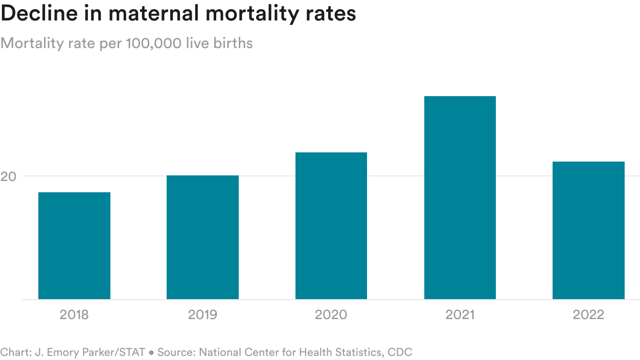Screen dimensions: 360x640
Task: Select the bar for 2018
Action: (x=74, y=245)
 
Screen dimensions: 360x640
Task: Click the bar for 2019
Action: (x=202, y=237)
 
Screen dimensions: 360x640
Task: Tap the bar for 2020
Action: (x=331, y=226)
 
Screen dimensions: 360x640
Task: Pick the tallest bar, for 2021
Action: (x=460, y=197)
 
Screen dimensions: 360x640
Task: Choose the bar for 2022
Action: (x=588, y=230)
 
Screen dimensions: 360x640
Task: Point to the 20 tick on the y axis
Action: (x=8, y=176)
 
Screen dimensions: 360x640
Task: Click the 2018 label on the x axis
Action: (x=74, y=314)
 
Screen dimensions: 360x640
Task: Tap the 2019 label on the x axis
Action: (x=202, y=314)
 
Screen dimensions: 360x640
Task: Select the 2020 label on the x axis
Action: (x=331, y=314)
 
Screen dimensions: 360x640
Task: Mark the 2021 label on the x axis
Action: (x=460, y=314)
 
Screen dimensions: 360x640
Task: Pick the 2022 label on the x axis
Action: (x=588, y=314)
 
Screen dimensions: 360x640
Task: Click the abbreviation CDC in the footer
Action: (x=400, y=352)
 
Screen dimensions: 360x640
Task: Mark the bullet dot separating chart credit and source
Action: (x=151, y=353)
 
